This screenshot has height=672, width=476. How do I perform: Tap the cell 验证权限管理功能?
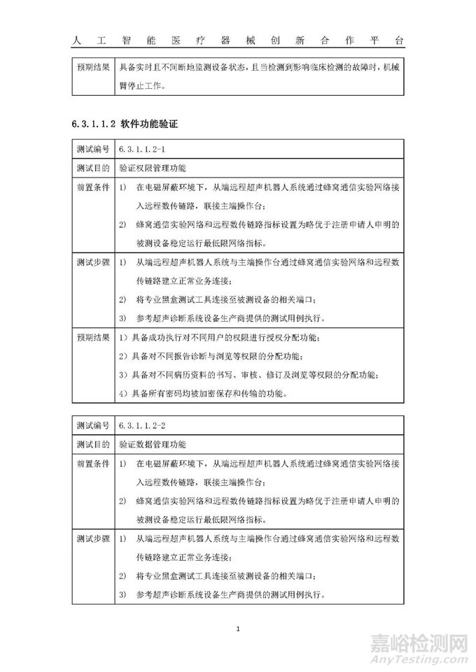(x=153, y=169)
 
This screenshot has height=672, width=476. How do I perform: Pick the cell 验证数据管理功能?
(x=153, y=444)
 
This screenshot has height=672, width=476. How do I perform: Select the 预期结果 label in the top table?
(x=92, y=68)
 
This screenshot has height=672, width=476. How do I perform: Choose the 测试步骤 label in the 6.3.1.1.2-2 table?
(x=92, y=539)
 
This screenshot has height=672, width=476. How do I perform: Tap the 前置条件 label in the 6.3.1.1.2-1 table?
(x=92, y=188)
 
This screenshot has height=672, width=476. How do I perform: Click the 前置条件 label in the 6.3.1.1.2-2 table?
(x=92, y=464)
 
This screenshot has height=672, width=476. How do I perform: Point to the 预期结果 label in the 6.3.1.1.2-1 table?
(x=92, y=338)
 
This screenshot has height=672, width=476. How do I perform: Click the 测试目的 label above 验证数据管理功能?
(x=92, y=444)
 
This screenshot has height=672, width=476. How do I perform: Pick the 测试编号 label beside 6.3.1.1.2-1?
(x=92, y=150)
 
